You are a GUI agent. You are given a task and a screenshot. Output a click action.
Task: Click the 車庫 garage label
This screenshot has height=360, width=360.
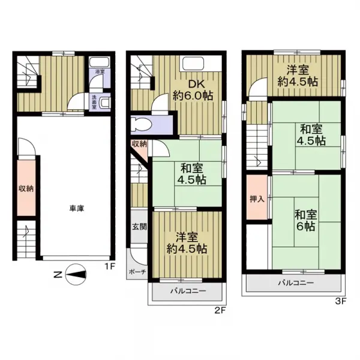[75, 208]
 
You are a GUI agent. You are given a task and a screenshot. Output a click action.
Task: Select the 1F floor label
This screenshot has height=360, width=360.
[110, 265]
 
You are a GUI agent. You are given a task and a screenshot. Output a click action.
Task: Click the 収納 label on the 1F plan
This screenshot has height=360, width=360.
[25, 188]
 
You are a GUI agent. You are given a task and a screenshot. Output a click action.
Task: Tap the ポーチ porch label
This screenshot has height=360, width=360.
[135, 271]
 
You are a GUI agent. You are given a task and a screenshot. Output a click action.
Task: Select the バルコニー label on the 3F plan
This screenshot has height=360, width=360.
[295, 283]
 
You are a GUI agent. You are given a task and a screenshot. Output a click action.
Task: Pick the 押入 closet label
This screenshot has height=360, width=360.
[256, 198]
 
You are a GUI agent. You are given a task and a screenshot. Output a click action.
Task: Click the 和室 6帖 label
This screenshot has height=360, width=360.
[305, 220]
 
